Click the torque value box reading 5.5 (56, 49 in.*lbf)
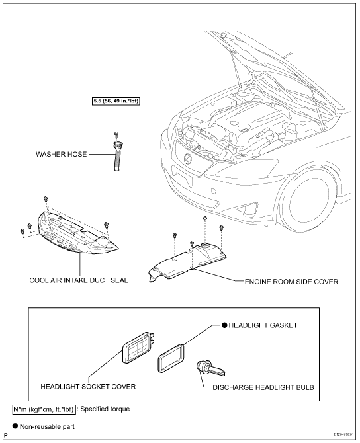point(116,101)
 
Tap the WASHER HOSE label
point(61,154)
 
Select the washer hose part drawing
point(117,156)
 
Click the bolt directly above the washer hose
point(116,134)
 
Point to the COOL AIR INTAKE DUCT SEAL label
point(79,280)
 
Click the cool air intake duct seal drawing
point(76,232)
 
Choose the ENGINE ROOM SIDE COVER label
point(291,282)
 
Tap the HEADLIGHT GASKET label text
point(263,325)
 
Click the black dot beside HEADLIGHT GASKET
point(224,325)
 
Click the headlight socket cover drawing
point(138,348)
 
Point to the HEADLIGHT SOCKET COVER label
point(88,387)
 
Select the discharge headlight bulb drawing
point(210,368)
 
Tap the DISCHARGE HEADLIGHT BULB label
point(263,387)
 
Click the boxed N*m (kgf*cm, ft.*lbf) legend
point(44,409)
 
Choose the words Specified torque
point(105,409)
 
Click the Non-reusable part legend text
point(47,426)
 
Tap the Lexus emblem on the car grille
point(187,159)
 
